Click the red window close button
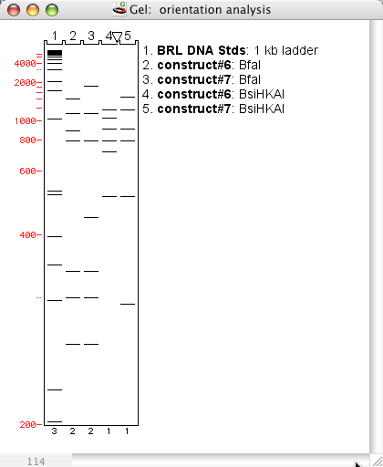click(14, 10)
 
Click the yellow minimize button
click(33, 10)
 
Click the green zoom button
click(52, 10)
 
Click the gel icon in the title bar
click(119, 9)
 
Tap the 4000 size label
click(25, 64)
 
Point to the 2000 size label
click(25, 83)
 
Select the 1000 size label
click(25, 121)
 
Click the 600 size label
click(27, 171)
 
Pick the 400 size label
click(27, 235)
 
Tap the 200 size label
click(27, 425)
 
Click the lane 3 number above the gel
click(91, 36)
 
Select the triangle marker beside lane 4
click(118, 37)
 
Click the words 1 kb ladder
click(286, 50)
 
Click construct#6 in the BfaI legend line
click(194, 65)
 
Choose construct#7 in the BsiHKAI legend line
click(194, 109)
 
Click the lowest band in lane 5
click(128, 304)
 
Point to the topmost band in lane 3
click(91, 86)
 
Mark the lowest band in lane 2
click(73, 344)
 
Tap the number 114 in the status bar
click(36, 462)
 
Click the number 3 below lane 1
click(54, 431)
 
